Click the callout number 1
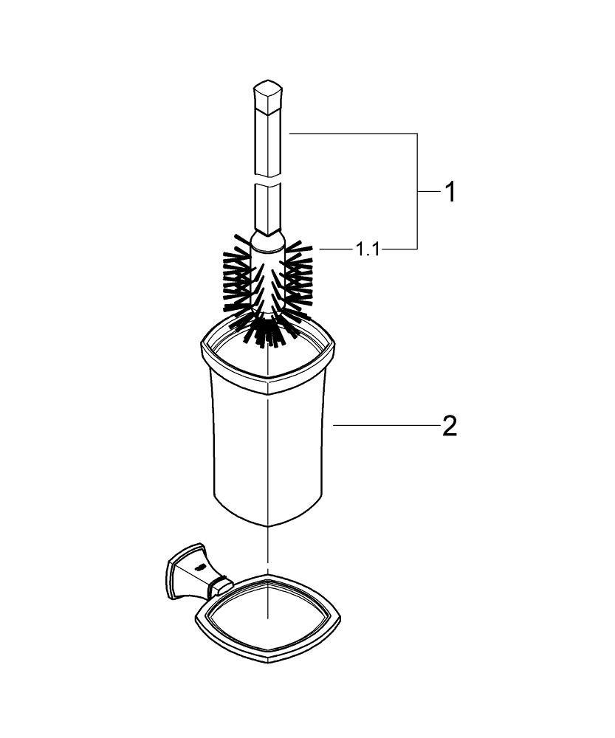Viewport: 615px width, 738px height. [x=449, y=193]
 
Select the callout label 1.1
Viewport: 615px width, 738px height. [x=367, y=250]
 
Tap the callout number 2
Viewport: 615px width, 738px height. [x=449, y=427]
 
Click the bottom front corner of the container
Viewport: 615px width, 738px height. [x=266, y=525]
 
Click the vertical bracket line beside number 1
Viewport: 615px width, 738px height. [x=418, y=192]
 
